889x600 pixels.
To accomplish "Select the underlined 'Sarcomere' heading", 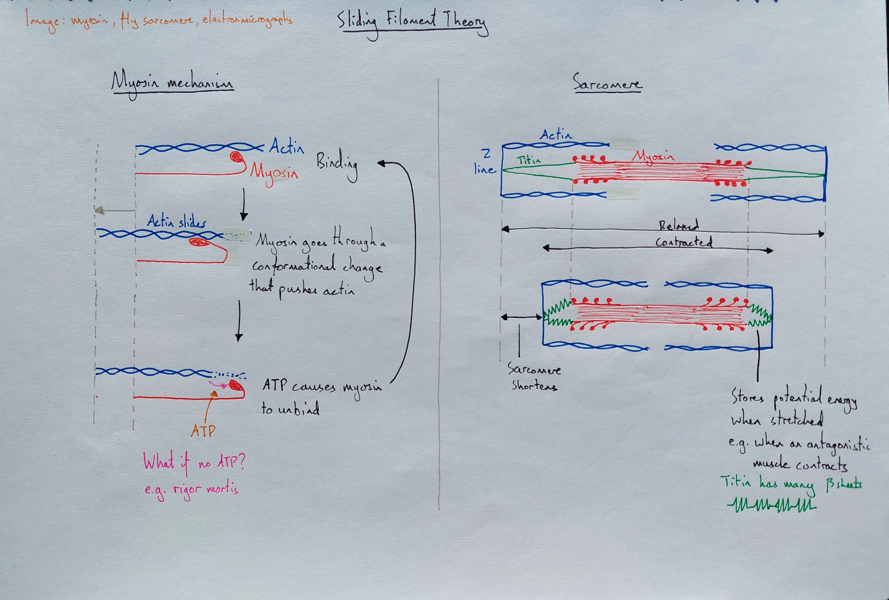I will click(x=607, y=83).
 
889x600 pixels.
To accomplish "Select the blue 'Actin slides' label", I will click(x=176, y=221).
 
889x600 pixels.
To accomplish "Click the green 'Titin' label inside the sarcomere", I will click(x=529, y=160).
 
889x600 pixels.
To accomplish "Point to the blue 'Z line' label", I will click(x=485, y=162).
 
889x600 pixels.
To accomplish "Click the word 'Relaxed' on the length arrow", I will click(x=678, y=226).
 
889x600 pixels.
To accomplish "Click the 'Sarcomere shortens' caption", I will click(x=534, y=377).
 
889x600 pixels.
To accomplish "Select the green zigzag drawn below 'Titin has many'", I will click(x=771, y=505).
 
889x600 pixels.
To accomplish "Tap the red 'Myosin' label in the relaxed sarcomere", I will click(x=653, y=156).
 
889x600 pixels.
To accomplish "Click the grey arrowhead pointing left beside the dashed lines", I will click(x=100, y=210).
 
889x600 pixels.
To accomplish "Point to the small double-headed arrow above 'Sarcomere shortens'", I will click(x=521, y=317).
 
